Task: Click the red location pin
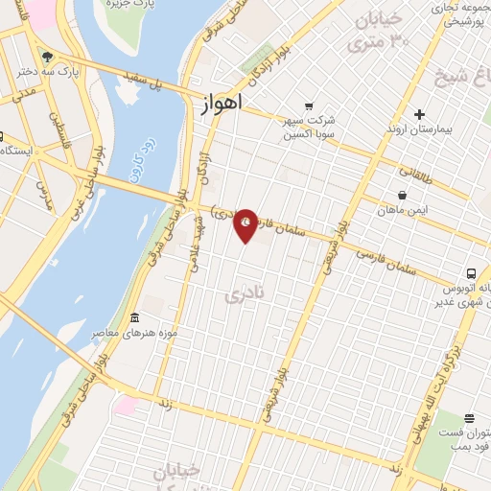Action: click(x=246, y=224)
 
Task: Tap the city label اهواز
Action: click(x=222, y=104)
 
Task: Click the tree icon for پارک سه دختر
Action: click(x=48, y=57)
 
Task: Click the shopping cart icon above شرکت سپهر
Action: click(x=309, y=106)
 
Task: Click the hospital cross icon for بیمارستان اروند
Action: click(x=418, y=114)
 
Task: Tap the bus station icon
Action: click(x=470, y=272)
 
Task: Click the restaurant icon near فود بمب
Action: click(x=469, y=418)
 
